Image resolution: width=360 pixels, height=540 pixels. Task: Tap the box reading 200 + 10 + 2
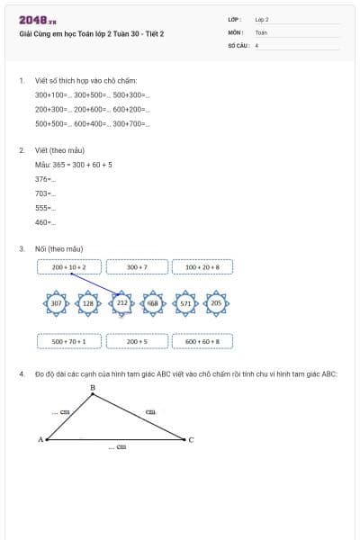point(69,267)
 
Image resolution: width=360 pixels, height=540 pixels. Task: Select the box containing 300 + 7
point(137,267)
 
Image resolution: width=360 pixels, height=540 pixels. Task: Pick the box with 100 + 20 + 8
point(202,267)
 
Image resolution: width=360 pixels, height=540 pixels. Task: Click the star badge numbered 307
point(56,304)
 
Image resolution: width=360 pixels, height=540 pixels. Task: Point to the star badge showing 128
point(88,304)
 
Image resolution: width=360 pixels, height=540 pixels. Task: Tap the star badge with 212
point(121,304)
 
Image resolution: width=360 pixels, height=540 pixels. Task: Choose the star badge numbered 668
point(153,304)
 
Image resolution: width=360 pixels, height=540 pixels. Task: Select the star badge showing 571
point(185,304)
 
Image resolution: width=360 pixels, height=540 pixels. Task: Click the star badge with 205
point(216,304)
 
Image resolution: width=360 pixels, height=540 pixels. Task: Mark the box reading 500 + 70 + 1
point(69,341)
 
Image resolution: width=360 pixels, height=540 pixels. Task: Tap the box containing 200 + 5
point(137,341)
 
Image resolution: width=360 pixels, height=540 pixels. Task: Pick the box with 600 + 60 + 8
point(202,341)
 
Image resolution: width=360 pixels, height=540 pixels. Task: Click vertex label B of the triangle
point(93,388)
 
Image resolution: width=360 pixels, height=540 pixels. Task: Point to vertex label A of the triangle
point(40,439)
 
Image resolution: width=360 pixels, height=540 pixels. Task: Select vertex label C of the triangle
point(191,439)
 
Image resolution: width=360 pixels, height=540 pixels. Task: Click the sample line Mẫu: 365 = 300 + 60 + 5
point(74,165)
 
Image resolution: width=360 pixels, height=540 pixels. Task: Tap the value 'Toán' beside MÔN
point(261,31)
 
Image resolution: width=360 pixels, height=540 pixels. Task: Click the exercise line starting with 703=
point(45,193)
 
